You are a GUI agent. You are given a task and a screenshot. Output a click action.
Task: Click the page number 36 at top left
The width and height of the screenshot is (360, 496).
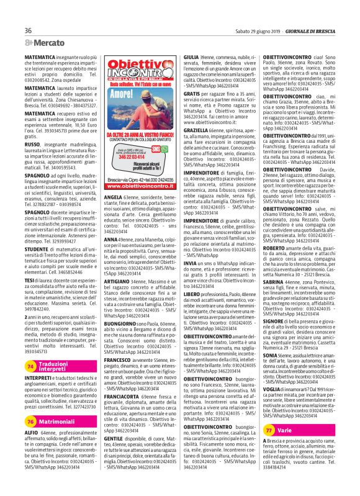tap(29, 31)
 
